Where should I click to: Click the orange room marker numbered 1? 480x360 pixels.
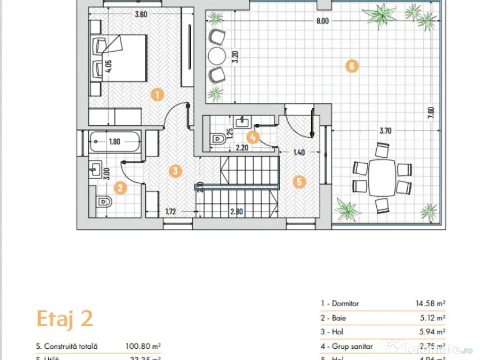pyautogui.click(x=157, y=95)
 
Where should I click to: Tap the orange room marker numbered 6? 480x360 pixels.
pyautogui.click(x=351, y=66)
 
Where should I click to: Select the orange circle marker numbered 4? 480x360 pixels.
pyautogui.click(x=253, y=137)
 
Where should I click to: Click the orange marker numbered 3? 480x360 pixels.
pyautogui.click(x=174, y=171)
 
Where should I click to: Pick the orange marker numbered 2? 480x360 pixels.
pyautogui.click(x=120, y=188)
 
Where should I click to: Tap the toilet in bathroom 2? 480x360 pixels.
pyautogui.click(x=104, y=202)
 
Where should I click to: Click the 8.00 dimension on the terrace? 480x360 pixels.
pyautogui.click(x=322, y=21)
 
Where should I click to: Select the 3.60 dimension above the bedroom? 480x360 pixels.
pyautogui.click(x=141, y=14)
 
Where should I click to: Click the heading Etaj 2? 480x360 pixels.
pyautogui.click(x=65, y=319)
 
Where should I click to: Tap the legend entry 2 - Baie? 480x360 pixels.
pyautogui.click(x=333, y=318)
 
